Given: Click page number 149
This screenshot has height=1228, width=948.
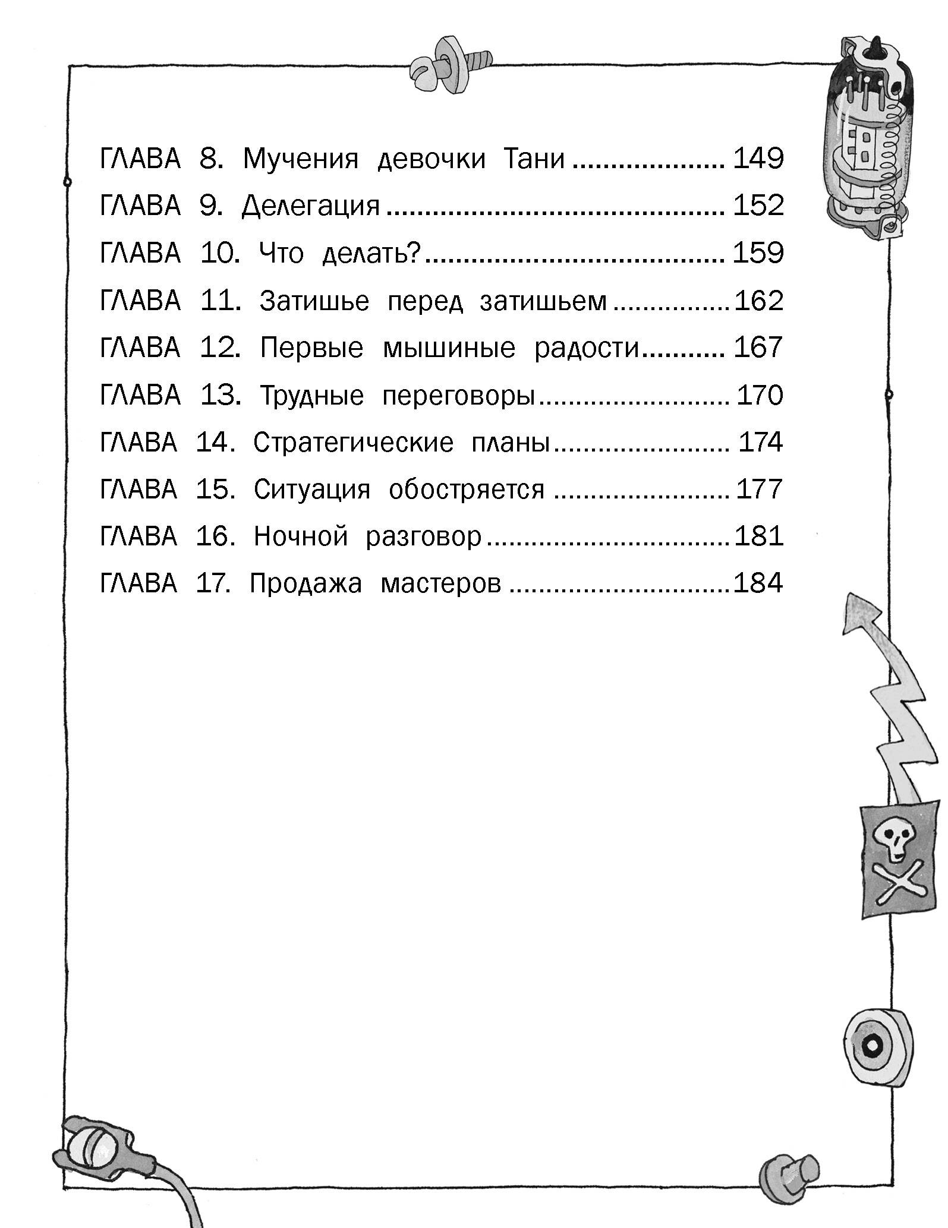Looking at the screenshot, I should (758, 159).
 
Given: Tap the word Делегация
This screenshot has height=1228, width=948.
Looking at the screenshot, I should (310, 207).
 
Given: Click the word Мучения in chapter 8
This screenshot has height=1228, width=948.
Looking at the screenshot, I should (301, 159).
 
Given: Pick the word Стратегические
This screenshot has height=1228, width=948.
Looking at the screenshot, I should (353, 443).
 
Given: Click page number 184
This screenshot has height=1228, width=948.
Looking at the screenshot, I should (758, 583).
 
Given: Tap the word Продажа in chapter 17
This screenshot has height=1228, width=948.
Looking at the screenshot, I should (305, 583).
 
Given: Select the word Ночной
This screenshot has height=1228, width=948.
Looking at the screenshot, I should (300, 536).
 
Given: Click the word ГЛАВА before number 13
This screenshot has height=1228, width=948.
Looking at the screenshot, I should (140, 396).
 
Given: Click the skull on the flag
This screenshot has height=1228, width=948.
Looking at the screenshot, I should (890, 842).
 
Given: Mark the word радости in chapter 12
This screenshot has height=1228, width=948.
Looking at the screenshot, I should (586, 348).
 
